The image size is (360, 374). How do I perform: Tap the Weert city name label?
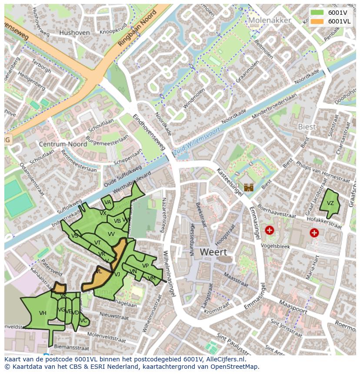click(213, 252)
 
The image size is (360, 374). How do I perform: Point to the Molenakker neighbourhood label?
click(269, 20)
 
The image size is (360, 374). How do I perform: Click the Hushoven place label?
click(74, 33)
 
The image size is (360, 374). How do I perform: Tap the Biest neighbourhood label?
click(307, 126)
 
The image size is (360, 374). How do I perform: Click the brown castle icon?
click(249, 188)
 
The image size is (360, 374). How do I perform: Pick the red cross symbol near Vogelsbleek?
click(270, 230)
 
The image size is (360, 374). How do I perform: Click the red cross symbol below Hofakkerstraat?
click(314, 233)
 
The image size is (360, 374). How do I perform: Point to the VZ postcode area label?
click(330, 203)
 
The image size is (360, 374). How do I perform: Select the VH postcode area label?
click(43, 313)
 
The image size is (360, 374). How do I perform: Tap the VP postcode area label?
click(145, 266)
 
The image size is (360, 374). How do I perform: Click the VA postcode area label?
click(108, 202)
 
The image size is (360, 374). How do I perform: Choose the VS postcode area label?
click(75, 235)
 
